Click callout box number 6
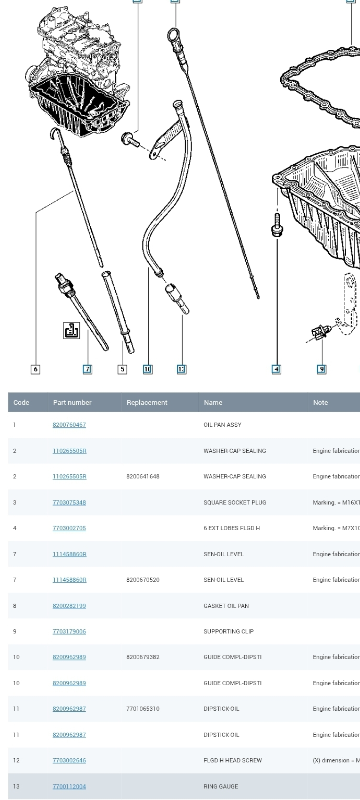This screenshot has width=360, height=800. click(x=35, y=369)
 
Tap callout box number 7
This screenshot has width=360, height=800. click(x=87, y=369)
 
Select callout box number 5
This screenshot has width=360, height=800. click(x=122, y=369)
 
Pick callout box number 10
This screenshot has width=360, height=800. click(x=148, y=369)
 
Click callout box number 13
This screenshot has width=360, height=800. click(x=181, y=369)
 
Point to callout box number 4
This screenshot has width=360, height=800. click(x=276, y=369)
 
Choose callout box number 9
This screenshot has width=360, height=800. click(x=321, y=369)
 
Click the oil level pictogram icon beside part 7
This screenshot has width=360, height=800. click(x=72, y=331)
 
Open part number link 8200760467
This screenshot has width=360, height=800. click(x=69, y=425)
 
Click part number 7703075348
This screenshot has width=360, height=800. click(x=69, y=502)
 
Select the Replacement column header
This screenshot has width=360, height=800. click(x=147, y=402)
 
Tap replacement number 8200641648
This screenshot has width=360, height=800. click(x=143, y=476)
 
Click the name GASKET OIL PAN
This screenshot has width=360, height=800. click(x=226, y=606)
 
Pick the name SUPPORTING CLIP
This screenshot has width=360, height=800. click(x=228, y=631)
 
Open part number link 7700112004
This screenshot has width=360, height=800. click(x=69, y=786)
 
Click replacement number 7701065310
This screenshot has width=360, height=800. click(x=143, y=709)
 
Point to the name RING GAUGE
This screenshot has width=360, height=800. click(x=221, y=786)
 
